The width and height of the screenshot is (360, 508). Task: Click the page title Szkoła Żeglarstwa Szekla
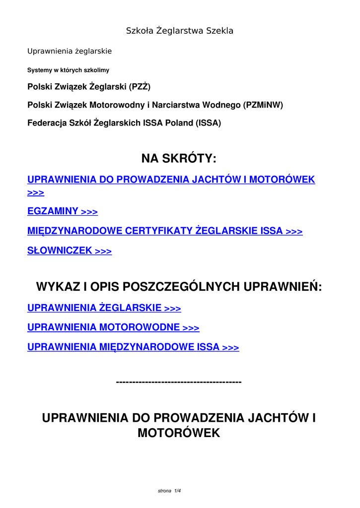179,31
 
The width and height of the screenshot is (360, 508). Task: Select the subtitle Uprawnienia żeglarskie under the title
70,51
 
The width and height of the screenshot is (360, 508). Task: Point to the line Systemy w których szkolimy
68,70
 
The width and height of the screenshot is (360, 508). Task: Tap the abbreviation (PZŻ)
140,87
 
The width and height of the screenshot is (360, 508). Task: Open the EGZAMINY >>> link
63,211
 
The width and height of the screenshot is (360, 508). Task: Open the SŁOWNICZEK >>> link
70,251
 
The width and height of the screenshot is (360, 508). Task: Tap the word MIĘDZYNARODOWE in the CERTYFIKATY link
75,231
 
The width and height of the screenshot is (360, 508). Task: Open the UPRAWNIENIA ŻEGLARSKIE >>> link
104,308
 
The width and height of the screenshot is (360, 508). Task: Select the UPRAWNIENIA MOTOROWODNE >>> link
113,327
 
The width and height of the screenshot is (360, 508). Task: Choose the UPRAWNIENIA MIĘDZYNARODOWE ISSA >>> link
133,347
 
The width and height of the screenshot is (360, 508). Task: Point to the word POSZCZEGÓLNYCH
181,287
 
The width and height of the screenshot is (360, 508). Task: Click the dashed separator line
179,381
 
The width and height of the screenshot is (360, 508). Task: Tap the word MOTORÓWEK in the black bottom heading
179,433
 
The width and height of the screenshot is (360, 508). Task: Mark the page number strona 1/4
169,491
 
